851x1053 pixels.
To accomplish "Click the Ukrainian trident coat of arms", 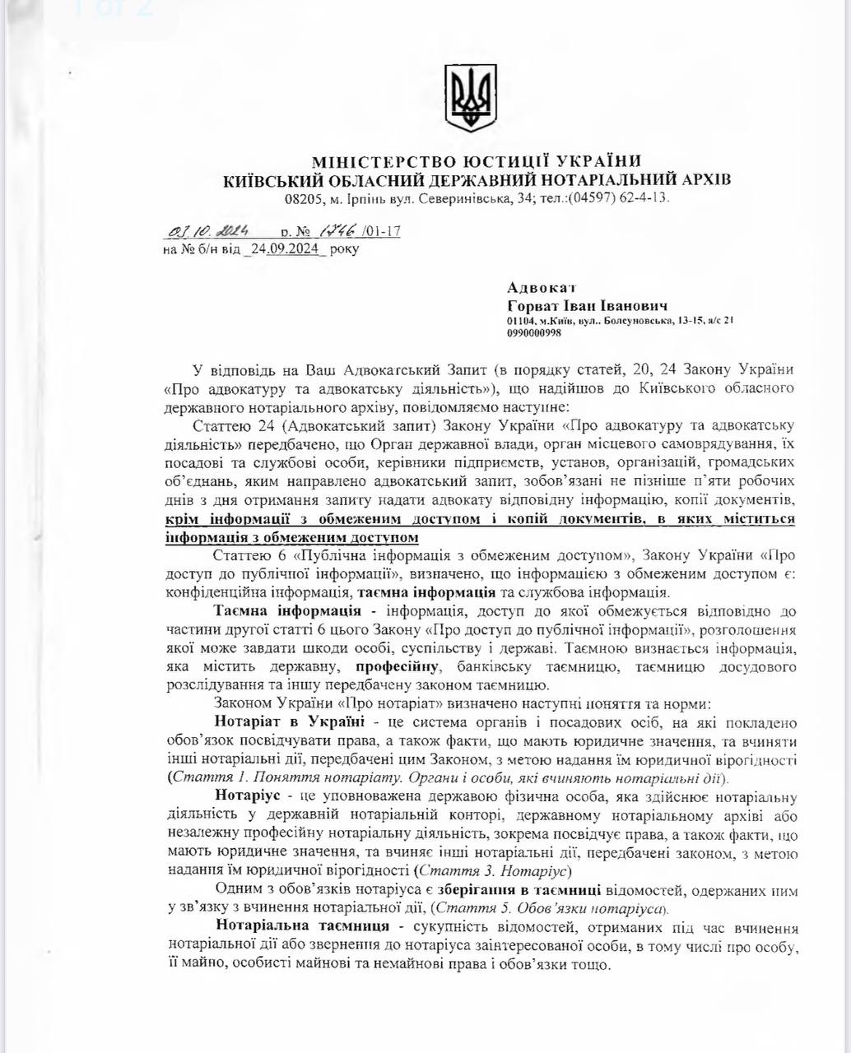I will tap(471, 99).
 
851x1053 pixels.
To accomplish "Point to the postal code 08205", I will tap(302, 198).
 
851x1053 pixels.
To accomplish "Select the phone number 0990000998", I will tap(534, 333).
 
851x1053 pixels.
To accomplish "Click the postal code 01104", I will tap(522, 321).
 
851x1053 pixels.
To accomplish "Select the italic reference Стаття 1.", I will tap(202, 776).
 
